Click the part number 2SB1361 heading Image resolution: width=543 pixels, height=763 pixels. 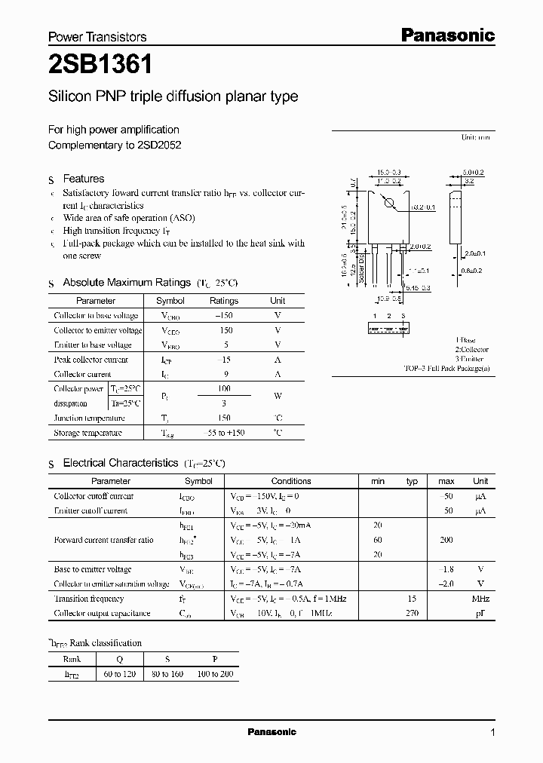[x=100, y=65]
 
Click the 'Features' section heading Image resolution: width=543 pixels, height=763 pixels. [x=84, y=179]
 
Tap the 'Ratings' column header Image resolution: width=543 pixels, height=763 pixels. [x=223, y=301]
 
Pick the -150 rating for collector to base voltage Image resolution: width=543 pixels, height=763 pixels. [x=223, y=316]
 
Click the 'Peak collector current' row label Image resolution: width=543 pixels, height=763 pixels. [x=91, y=360]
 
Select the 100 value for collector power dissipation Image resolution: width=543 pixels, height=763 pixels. [x=223, y=388]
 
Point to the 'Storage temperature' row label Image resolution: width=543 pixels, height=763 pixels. [x=88, y=433]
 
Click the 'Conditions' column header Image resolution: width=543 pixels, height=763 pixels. [x=291, y=481]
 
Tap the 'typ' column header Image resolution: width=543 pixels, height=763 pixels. [x=412, y=481]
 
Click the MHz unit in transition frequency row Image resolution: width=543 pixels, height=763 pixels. [x=480, y=599]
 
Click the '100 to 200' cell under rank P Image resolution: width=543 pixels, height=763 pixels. [x=215, y=673]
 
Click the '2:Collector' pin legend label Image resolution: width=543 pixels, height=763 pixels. [x=471, y=350]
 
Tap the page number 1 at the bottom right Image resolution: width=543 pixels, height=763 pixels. [x=492, y=733]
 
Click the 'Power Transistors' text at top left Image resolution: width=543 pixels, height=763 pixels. [x=97, y=36]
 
